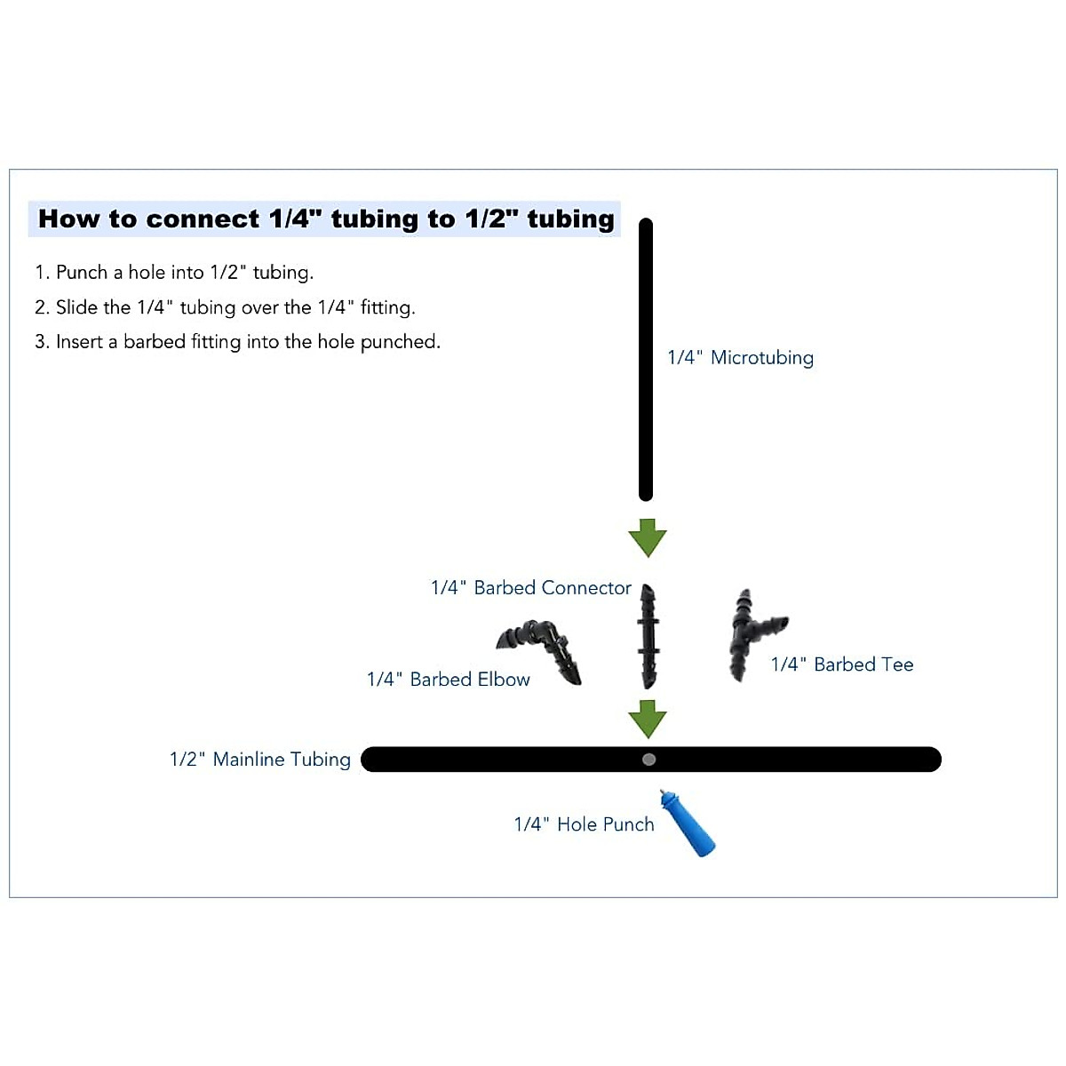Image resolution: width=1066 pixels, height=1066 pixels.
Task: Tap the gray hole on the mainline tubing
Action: (x=649, y=760)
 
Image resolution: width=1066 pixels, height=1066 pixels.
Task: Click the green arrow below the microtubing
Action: (x=648, y=537)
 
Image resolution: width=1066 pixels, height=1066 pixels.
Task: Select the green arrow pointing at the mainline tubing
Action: (x=648, y=718)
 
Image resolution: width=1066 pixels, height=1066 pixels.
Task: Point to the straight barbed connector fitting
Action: (x=648, y=637)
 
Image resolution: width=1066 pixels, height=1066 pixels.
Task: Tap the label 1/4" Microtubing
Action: (x=740, y=358)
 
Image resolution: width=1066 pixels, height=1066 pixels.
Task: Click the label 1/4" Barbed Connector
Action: (x=530, y=588)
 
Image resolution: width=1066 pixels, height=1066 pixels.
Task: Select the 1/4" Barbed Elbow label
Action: (x=448, y=680)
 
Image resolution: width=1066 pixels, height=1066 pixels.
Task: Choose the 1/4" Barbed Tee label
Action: (x=841, y=664)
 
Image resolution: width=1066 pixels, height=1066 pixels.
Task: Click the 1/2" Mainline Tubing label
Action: (x=259, y=760)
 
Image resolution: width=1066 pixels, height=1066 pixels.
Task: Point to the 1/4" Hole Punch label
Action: (x=584, y=824)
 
